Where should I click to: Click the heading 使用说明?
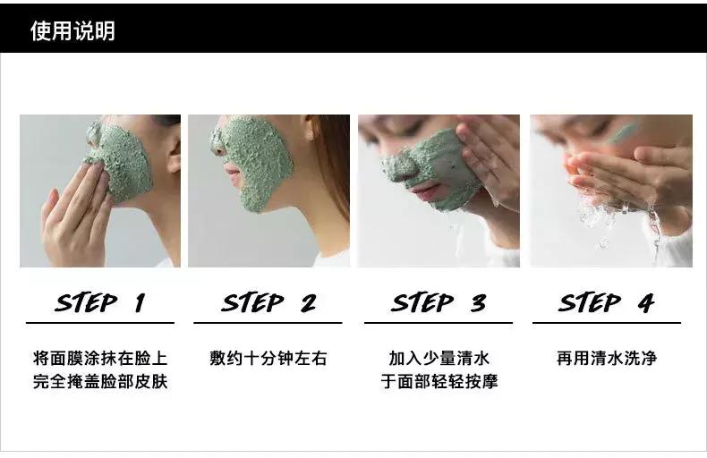click(72, 31)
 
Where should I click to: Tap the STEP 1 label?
click(100, 302)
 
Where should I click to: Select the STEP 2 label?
click(268, 302)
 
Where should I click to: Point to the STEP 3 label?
click(439, 302)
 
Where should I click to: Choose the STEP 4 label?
click(606, 302)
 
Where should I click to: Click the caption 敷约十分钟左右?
click(268, 359)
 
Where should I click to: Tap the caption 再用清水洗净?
click(607, 359)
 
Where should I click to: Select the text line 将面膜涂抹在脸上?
click(100, 359)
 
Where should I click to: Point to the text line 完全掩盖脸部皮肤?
click(100, 381)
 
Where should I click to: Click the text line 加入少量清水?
click(439, 359)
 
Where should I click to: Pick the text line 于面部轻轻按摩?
click(439, 381)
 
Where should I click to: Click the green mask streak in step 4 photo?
click(622, 132)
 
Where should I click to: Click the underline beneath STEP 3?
click(439, 323)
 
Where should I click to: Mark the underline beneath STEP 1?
click(100, 323)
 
